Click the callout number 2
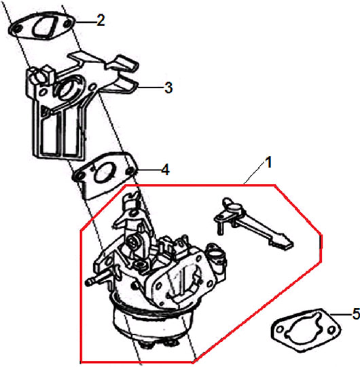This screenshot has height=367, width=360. [x=101, y=20]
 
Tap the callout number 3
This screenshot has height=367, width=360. [x=168, y=88]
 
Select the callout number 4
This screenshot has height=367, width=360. [x=166, y=170]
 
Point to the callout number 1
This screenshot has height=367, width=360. [x=268, y=162]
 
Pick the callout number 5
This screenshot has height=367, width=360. [x=357, y=314]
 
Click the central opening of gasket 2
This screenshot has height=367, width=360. [x=45, y=28]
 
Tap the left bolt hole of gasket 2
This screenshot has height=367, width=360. [x=16, y=29]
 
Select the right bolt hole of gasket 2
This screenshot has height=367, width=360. [x=67, y=24]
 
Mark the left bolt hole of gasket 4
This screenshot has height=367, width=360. [x=79, y=176]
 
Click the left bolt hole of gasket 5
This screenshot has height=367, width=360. [x=279, y=329]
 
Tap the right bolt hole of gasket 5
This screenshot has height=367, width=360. [x=331, y=330]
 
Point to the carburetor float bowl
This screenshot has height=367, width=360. [x=152, y=326]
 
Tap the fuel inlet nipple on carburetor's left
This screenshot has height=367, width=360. [x=96, y=279]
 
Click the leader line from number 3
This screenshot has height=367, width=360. [x=151, y=88]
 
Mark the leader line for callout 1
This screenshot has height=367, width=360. [x=254, y=174]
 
